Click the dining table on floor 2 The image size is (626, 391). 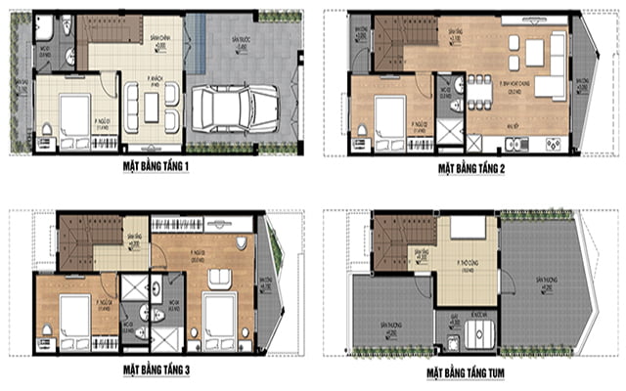point(479,95)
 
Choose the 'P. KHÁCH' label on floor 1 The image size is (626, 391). point(153,84)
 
